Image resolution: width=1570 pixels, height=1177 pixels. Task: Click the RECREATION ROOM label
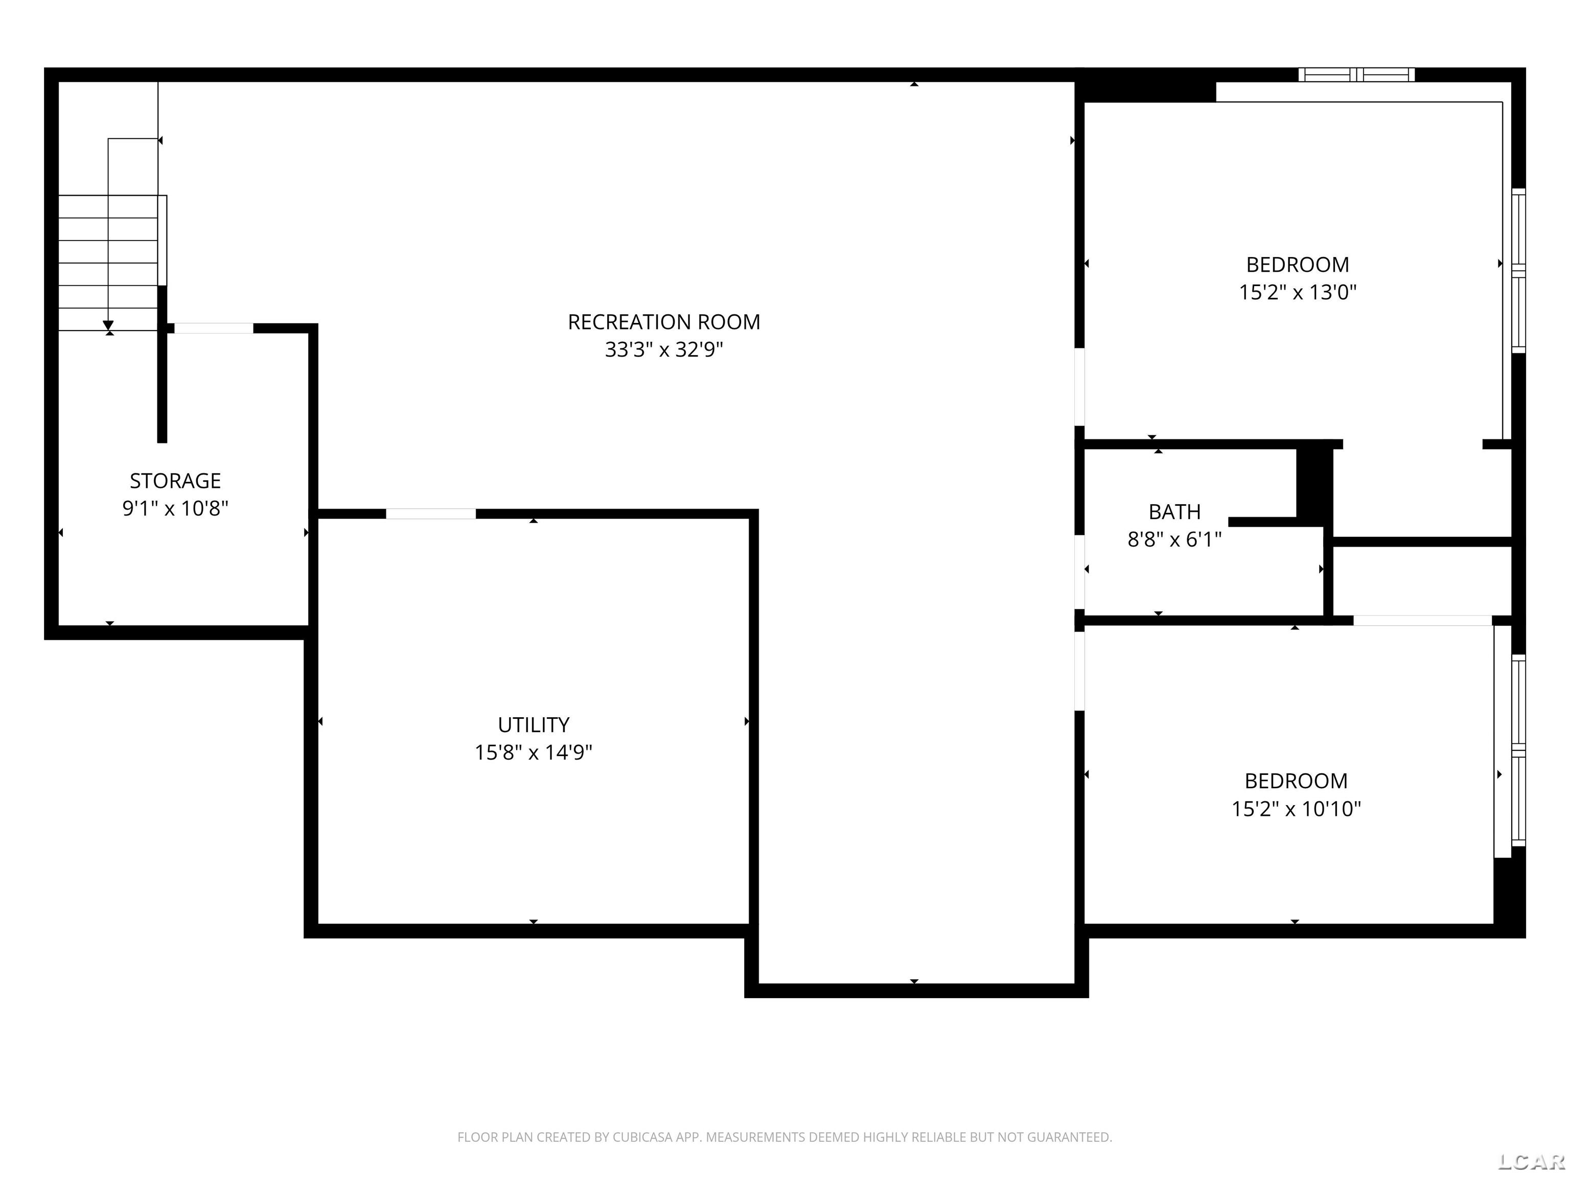coord(664,322)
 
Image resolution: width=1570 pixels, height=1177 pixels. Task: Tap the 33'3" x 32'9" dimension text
coord(664,350)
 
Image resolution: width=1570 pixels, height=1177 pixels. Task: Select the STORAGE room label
coord(175,481)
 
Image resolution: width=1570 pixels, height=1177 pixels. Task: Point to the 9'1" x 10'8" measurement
coord(175,509)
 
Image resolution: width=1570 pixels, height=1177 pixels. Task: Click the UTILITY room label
coord(533,724)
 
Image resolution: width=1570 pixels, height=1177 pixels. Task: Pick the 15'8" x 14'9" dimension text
coord(533,752)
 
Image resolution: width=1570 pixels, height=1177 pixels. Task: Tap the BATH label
coord(1174,511)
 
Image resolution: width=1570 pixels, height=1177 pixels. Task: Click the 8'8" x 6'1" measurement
coord(1174,540)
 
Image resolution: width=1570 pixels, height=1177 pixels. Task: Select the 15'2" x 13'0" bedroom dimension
coord(1298,292)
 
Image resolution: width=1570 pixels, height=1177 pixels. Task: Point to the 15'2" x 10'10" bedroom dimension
coord(1296,809)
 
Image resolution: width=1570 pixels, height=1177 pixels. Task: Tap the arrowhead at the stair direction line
coord(108,325)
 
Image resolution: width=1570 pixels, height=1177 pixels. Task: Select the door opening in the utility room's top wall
coord(431,513)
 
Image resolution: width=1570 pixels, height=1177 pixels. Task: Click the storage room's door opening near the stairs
coord(214,328)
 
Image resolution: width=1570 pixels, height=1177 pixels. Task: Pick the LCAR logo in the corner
coord(1530,1161)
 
